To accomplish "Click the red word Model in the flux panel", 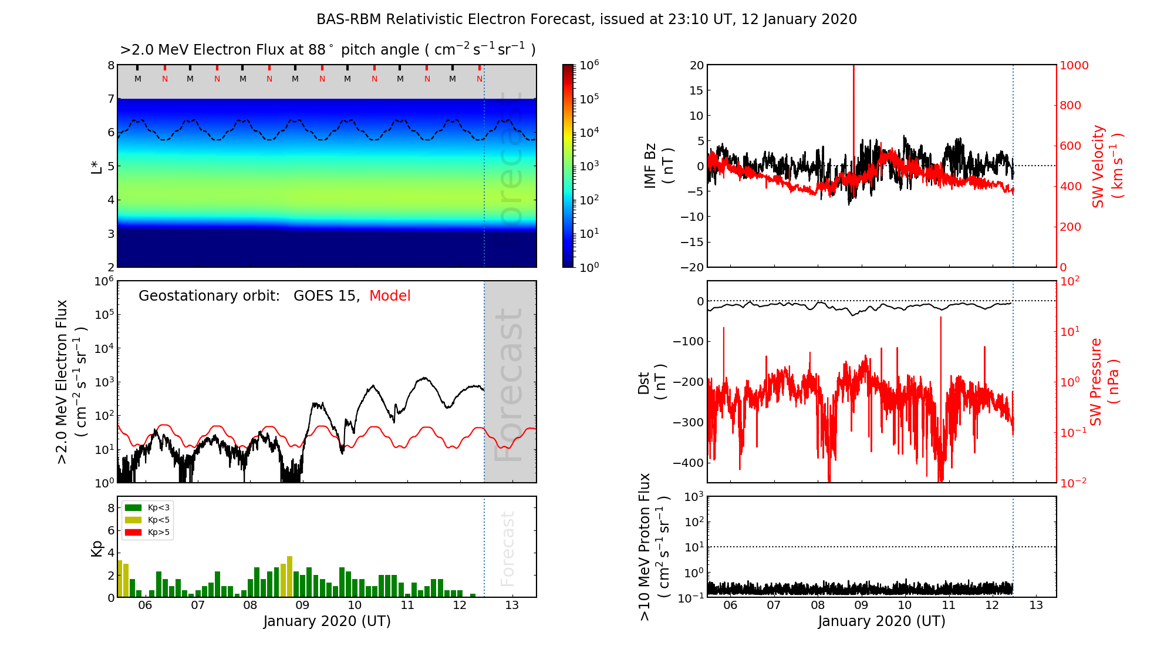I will pyautogui.click(x=390, y=296).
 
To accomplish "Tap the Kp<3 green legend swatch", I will pyautogui.click(x=133, y=507).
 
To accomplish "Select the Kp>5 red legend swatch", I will pyautogui.click(x=133, y=533).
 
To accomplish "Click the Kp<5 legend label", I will pyautogui.click(x=158, y=520).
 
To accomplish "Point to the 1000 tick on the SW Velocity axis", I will pyautogui.click(x=1074, y=65).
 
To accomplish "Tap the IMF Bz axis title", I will pyautogui.click(x=659, y=166).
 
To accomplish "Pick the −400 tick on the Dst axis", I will pyautogui.click(x=689, y=463).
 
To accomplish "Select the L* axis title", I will pyautogui.click(x=96, y=166).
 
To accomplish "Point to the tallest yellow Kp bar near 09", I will pyautogui.click(x=289, y=576).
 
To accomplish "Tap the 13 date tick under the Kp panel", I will pyautogui.click(x=512, y=605).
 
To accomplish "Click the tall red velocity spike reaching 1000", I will pyautogui.click(x=853, y=117).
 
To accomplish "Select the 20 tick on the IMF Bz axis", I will pyautogui.click(x=696, y=65).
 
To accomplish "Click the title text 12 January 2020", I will pyautogui.click(x=799, y=19).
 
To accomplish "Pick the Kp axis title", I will pyautogui.click(x=97, y=548).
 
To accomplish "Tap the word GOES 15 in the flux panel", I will pyautogui.click(x=325, y=296).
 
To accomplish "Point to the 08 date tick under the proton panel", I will pyautogui.click(x=818, y=605).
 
